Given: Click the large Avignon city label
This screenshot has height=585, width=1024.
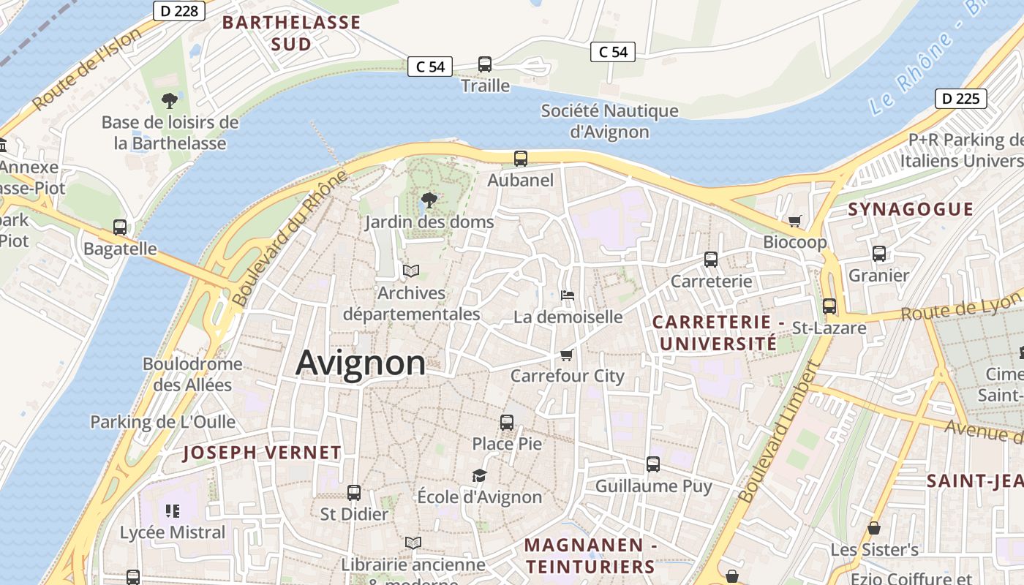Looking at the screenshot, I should (x=361, y=363).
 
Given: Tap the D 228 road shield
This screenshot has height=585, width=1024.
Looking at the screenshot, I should (x=179, y=11).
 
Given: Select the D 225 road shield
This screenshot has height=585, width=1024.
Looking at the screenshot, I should (x=960, y=99).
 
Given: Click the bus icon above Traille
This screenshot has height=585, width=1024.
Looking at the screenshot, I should (x=485, y=64).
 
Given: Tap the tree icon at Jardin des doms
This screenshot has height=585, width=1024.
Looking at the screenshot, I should (x=429, y=200).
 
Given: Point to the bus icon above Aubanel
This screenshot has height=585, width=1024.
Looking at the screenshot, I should (x=521, y=158).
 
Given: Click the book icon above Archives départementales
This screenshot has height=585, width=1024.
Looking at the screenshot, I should (x=411, y=271).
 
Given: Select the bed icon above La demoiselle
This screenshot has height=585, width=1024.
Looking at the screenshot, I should (x=568, y=295).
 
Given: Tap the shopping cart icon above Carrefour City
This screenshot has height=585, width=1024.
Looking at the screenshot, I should (x=567, y=355).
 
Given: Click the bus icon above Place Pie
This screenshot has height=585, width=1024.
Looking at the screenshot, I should (x=507, y=422).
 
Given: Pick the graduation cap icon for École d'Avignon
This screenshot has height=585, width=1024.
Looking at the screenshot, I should (x=479, y=475).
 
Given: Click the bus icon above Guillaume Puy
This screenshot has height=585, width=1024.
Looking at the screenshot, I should (x=653, y=464).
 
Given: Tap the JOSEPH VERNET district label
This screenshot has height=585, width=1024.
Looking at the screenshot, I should (x=262, y=453).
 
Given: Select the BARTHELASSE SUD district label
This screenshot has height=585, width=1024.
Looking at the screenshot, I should (x=291, y=33).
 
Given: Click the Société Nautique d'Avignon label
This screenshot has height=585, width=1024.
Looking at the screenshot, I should (x=609, y=121).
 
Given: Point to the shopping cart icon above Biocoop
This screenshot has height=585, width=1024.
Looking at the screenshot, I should (x=795, y=221).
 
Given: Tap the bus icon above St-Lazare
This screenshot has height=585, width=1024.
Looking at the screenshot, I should (x=829, y=306).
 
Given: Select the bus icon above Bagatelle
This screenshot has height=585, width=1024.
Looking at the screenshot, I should (x=120, y=227).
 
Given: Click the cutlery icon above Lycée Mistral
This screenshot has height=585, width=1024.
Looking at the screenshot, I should (x=173, y=510).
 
